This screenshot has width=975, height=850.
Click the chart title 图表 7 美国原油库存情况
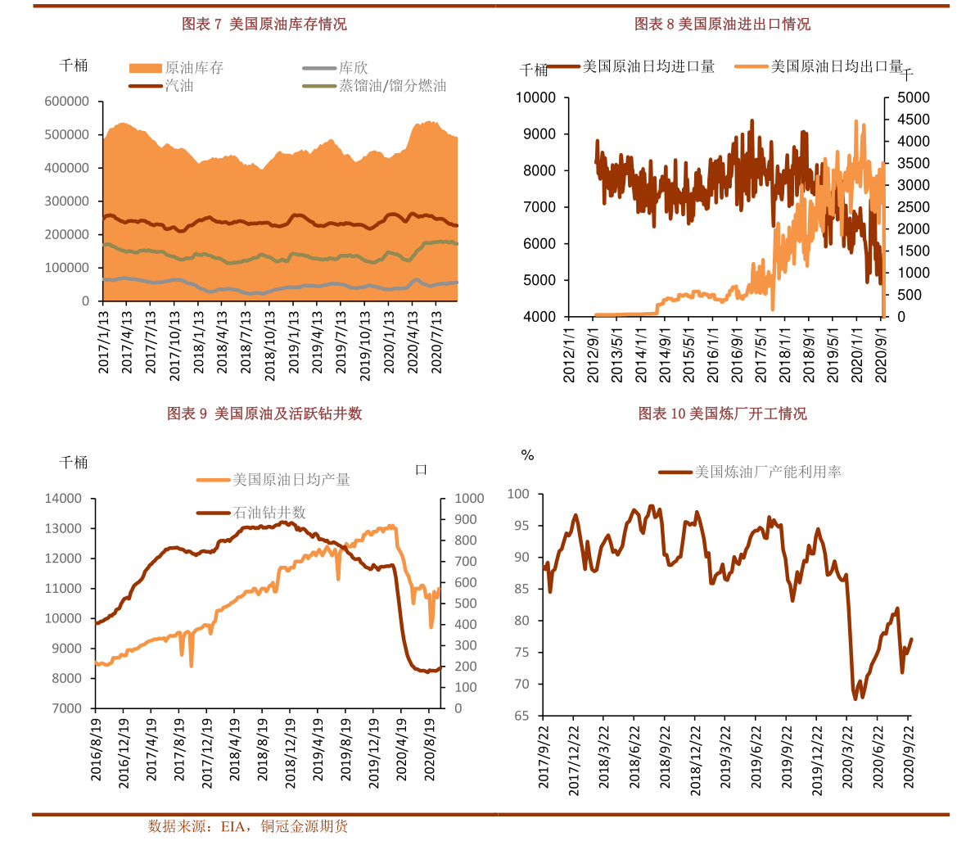coord(264,25)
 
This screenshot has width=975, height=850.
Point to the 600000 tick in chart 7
coord(67,102)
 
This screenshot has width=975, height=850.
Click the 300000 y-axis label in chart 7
coord(67,201)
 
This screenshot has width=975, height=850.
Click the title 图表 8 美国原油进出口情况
coord(722,25)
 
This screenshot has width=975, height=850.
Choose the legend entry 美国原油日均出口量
coord(836,66)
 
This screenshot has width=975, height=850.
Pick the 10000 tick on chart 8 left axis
coord(535,98)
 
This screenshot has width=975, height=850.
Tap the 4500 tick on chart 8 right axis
coord(914,120)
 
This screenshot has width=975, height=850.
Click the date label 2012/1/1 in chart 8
coord(570,355)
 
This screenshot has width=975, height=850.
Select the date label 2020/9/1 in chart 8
coord(882,355)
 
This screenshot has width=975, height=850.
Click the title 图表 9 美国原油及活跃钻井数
coord(264,414)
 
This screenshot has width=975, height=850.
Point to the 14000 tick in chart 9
coord(63,499)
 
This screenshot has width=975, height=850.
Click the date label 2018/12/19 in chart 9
coord(291,754)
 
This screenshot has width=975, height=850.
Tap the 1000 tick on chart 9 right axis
coord(470,499)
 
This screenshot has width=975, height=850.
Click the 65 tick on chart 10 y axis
coord(521,716)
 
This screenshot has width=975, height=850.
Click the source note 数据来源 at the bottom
coord(247,827)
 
